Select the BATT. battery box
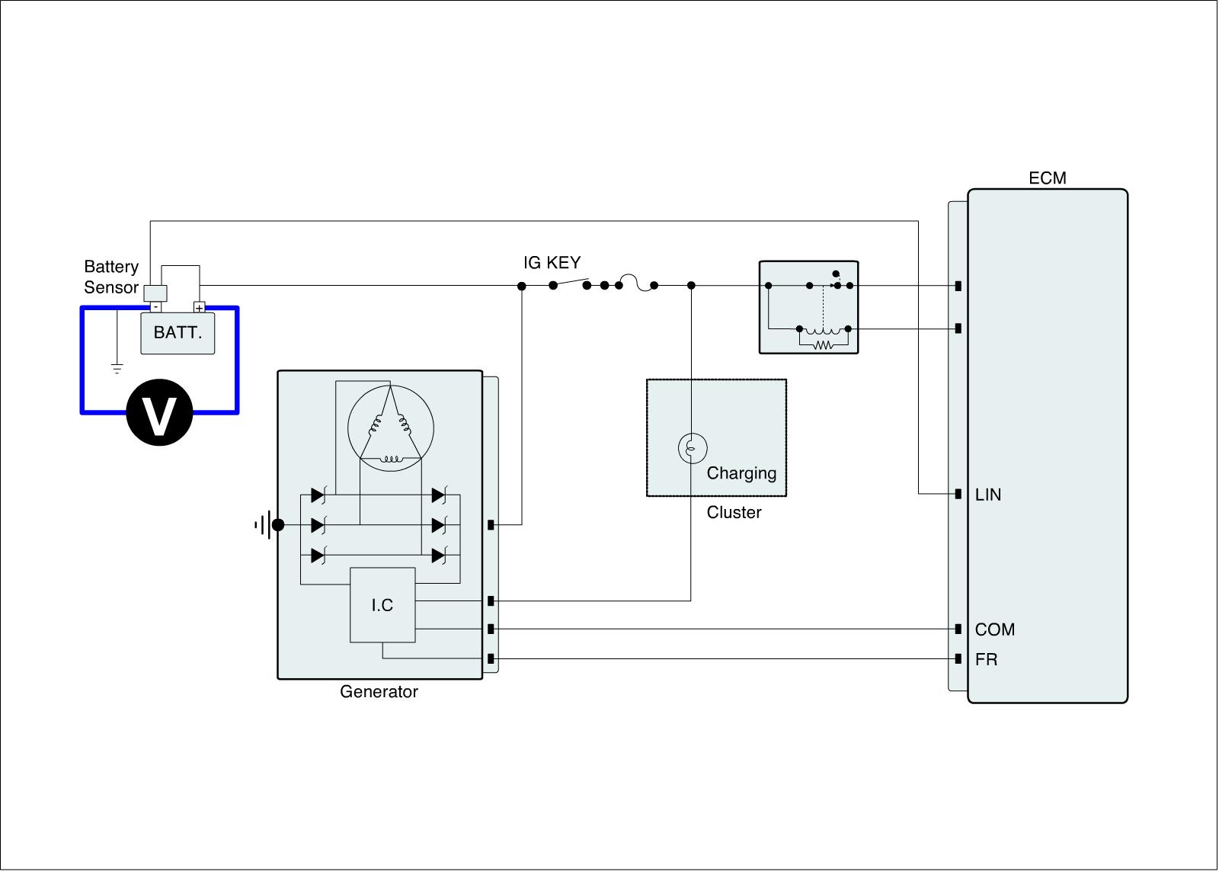click(178, 333)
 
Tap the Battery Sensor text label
click(111, 277)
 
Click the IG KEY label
click(552, 263)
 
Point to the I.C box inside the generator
click(382, 605)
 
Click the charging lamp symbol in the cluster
click(692, 449)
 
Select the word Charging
click(741, 473)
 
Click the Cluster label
click(734, 513)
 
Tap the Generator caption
click(379, 692)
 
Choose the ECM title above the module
click(1048, 178)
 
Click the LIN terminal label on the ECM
click(988, 495)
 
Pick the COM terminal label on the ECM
click(994, 630)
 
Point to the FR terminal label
click(986, 660)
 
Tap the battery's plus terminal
click(199, 308)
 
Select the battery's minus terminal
click(155, 307)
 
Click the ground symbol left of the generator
click(262, 525)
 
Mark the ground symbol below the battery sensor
click(117, 369)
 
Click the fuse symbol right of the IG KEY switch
click(636, 283)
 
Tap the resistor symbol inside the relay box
click(823, 345)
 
